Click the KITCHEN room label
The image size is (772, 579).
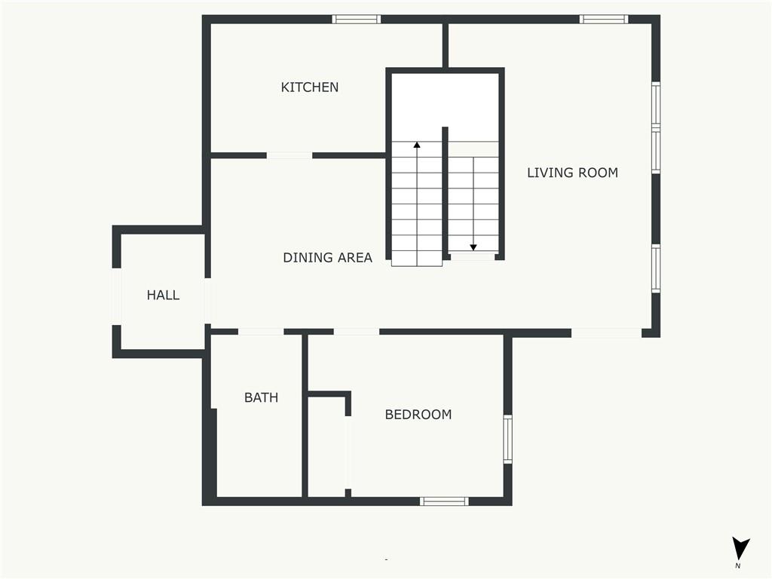coord(310,87)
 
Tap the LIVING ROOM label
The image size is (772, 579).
coord(573,173)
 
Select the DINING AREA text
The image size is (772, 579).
coord(327,258)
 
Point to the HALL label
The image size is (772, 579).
coord(163,295)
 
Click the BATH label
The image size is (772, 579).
coord(261,397)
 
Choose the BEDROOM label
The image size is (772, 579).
coord(418,415)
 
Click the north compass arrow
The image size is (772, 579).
coord(740,549)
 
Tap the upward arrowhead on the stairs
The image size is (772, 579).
coord(417,145)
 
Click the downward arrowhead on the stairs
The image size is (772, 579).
coord(473,247)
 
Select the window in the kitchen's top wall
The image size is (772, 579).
coord(356,19)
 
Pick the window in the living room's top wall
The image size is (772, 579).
coord(604,19)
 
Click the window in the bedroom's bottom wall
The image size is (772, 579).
coord(444,501)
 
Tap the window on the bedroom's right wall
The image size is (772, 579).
coord(507,439)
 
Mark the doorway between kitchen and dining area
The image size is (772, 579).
coord(289,155)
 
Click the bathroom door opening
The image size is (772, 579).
coord(261,332)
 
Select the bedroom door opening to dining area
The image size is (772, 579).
coord(357,332)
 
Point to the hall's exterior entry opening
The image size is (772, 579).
coord(117,296)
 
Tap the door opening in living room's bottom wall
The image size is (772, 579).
coord(606,333)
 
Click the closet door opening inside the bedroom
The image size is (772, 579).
coord(348,452)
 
